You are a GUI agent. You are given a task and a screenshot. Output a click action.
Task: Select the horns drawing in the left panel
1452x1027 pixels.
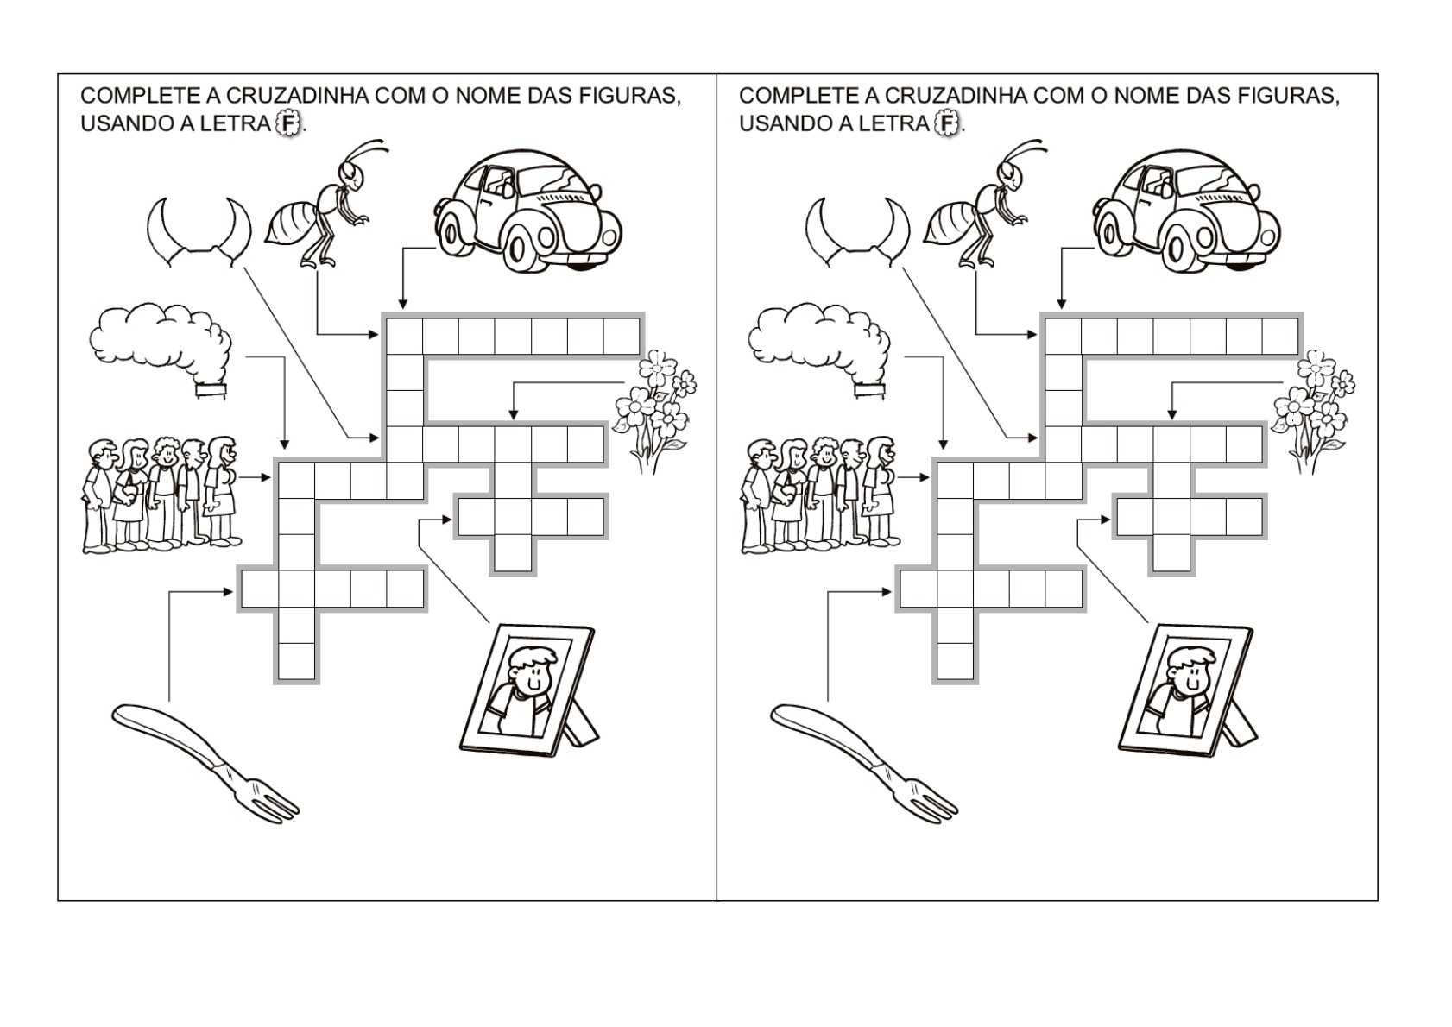199,231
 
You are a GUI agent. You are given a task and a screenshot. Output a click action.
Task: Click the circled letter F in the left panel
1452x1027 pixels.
288,123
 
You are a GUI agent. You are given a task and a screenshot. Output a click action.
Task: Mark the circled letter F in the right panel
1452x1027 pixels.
947,123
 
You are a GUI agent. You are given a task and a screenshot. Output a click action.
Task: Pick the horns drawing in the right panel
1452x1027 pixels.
857,231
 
